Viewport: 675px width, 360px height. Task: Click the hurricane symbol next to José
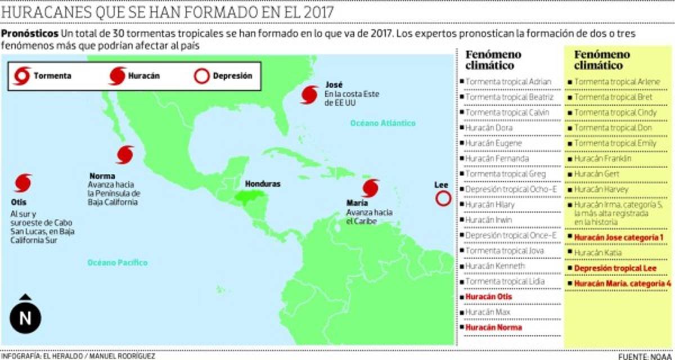(309, 94)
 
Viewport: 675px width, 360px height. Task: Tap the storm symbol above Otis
(22, 182)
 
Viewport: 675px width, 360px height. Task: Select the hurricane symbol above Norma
(125, 154)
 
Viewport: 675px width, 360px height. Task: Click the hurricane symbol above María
(371, 188)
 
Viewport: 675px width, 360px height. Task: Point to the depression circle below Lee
(443, 198)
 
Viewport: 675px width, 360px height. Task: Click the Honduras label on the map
(262, 184)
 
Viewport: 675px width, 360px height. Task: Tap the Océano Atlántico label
(382, 123)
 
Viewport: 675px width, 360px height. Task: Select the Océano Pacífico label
(117, 262)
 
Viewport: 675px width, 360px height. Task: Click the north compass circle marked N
(25, 318)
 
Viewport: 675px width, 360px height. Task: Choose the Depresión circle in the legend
(201, 75)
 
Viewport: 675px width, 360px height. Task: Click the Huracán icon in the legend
(117, 75)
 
